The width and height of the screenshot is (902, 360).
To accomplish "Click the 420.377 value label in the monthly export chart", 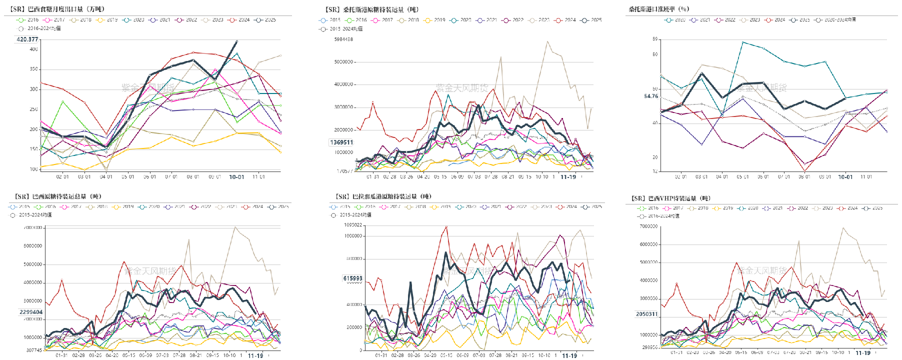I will point(27,39).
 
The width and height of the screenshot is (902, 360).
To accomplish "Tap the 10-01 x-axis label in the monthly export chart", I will point(236,177).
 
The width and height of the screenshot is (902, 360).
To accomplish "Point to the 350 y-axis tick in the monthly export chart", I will point(33,69).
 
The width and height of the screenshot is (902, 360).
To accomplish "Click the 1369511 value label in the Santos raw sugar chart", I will point(341,142).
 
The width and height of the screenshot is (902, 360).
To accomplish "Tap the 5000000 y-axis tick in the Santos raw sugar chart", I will point(343,62).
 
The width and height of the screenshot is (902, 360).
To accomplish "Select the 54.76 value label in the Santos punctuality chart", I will point(651,96).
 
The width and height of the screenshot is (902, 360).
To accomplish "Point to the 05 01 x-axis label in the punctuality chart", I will point(742,177).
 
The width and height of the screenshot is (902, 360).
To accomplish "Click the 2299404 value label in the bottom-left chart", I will point(31,312).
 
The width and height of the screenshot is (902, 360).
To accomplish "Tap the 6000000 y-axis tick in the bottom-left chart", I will point(33,246).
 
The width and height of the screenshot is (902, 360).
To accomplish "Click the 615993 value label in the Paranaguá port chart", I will point(352,278).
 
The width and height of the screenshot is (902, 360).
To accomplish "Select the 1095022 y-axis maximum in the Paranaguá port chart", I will point(353,225).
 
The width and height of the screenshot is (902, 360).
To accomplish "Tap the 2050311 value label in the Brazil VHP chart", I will point(646,314).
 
